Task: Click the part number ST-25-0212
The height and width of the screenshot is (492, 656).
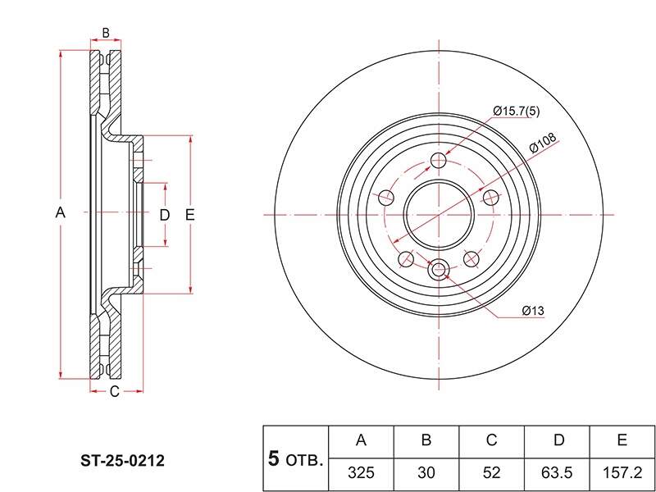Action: coord(122,461)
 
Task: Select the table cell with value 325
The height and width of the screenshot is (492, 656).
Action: coord(362,473)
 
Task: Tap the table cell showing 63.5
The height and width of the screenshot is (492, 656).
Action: coord(558,473)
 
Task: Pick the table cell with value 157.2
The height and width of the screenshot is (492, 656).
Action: coord(622,473)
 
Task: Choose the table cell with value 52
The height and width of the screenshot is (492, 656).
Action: coord(492,473)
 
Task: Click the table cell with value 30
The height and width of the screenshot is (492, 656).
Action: coord(426,473)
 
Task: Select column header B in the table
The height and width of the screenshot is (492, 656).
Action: coord(426,441)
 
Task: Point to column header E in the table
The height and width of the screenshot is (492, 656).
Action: coord(622,441)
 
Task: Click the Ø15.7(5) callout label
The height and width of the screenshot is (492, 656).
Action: coord(517,112)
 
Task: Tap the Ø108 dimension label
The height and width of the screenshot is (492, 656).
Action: coord(543,143)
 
